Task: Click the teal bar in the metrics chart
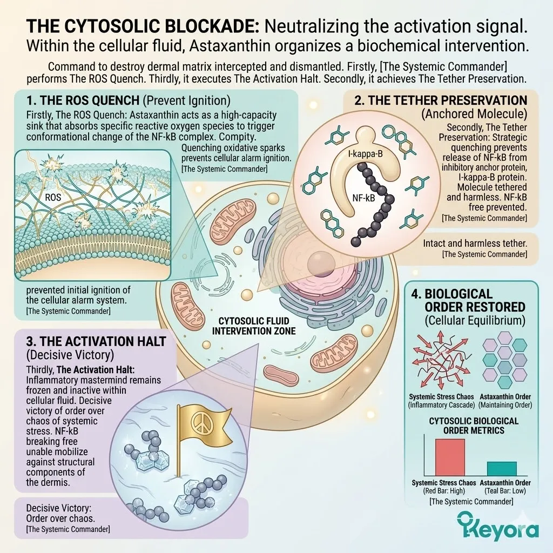click(x=502, y=468)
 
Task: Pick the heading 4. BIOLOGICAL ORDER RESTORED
click(x=474, y=300)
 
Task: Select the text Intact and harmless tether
click(x=475, y=243)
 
